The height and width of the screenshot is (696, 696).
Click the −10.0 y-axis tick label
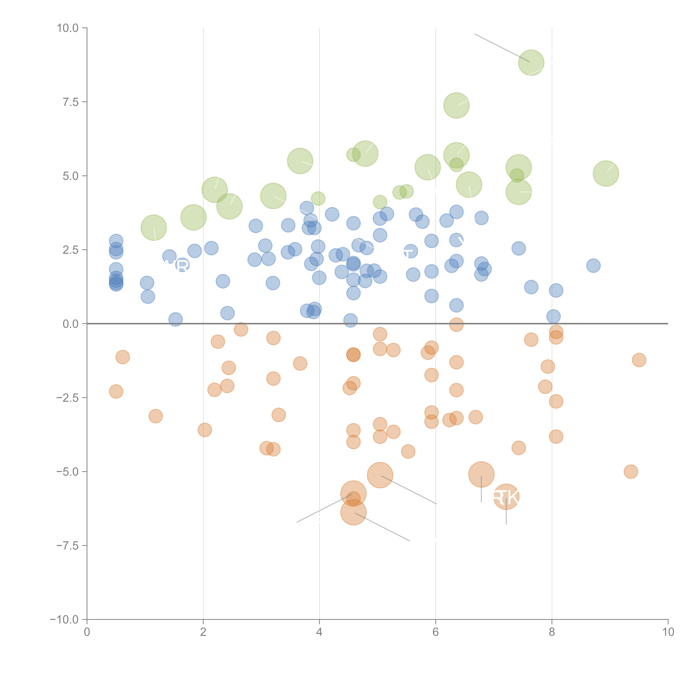tap(64, 620)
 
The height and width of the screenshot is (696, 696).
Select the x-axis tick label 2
tap(203, 632)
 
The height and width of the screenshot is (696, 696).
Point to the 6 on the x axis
tap(436, 632)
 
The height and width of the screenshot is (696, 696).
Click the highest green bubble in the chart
tap(531, 63)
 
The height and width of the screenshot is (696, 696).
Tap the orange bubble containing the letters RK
tap(506, 497)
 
